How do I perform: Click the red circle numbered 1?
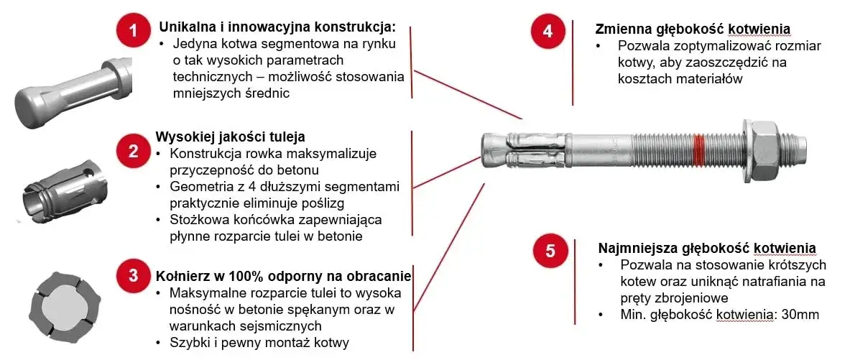tap(133, 30)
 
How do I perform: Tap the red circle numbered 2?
tap(133, 150)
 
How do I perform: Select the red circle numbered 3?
tap(133, 275)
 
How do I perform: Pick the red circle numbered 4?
tap(548, 30)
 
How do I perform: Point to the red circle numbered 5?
tap(550, 250)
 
